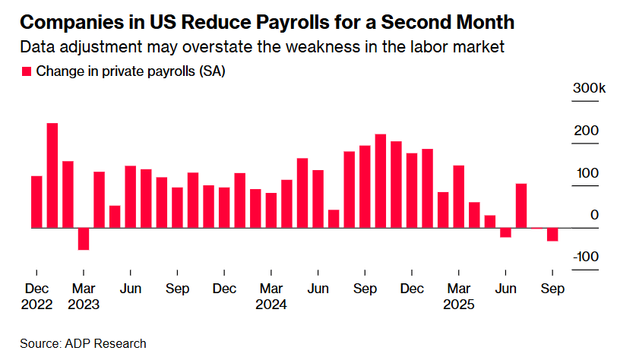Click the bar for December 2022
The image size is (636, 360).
click(x=36, y=201)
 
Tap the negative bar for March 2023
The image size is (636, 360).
click(x=84, y=238)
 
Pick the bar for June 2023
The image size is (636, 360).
click(x=130, y=196)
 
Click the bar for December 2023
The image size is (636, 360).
click(x=224, y=207)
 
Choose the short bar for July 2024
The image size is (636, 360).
click(x=334, y=218)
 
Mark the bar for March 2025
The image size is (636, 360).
click(x=459, y=196)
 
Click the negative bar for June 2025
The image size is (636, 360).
click(x=505, y=232)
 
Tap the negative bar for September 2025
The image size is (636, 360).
click(x=552, y=235)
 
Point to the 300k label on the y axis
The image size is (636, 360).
click(x=589, y=90)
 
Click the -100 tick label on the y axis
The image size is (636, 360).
click(x=586, y=257)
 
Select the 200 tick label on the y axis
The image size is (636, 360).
click(x=589, y=131)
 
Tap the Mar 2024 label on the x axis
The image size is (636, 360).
click(x=271, y=296)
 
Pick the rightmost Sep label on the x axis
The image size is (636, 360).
click(x=552, y=289)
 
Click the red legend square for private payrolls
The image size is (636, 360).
click(x=26, y=71)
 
